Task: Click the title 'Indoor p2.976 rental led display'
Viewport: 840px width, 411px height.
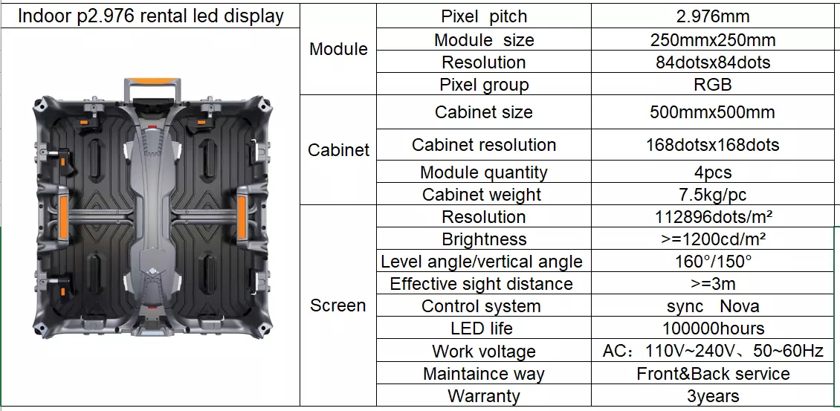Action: tap(151, 16)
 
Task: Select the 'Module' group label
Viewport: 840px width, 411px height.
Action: tap(338, 49)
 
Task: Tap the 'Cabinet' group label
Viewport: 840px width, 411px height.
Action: tap(338, 149)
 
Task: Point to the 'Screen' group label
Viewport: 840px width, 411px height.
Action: tap(338, 305)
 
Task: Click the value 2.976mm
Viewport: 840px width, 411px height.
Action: tap(713, 16)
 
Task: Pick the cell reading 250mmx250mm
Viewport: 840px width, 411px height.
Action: tap(713, 39)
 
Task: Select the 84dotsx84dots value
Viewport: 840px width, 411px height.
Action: tap(713, 62)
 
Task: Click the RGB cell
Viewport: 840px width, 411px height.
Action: tap(713, 85)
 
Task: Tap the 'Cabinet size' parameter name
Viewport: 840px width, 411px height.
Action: tap(484, 112)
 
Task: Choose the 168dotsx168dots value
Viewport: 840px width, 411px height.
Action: tap(713, 145)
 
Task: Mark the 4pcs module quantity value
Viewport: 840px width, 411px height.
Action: tap(713, 172)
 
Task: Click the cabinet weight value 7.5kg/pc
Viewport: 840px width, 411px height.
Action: tap(713, 195)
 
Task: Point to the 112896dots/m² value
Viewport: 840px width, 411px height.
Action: tap(713, 216)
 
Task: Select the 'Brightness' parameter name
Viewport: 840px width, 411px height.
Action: tap(484, 239)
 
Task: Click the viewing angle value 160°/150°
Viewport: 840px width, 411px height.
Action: tap(713, 262)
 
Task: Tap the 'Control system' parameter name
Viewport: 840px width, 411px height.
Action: tap(481, 306)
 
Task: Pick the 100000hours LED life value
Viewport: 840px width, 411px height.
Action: tap(713, 328)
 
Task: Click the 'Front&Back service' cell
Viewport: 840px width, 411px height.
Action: tap(713, 374)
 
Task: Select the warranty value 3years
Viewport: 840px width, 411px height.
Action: tap(713, 396)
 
